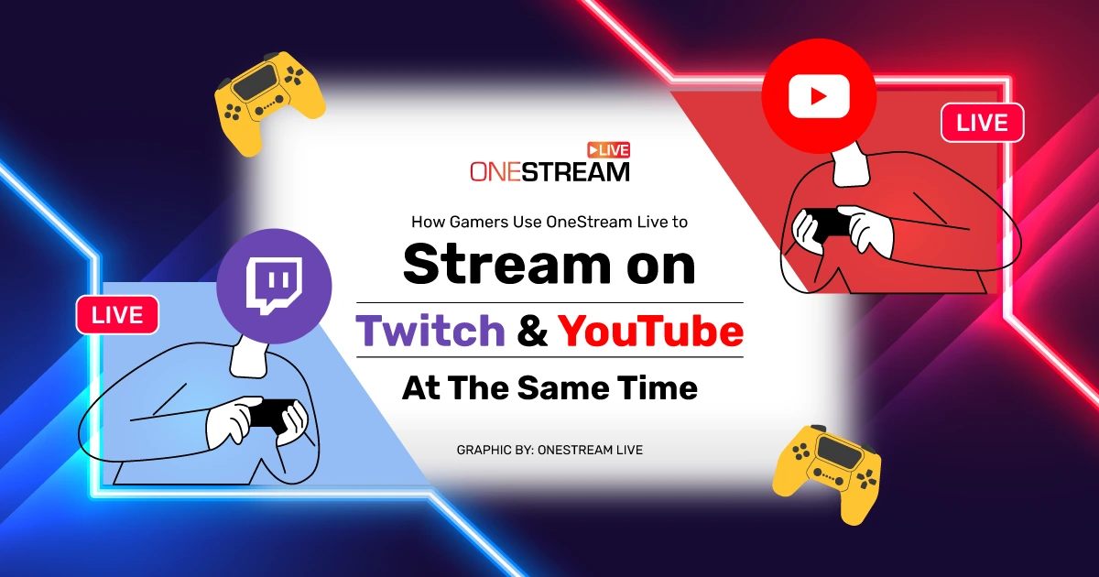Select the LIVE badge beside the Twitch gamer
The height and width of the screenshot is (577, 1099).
pos(117,314)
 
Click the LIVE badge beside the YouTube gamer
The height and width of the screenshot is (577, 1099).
pos(982,122)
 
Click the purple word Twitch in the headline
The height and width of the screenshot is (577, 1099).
pos(430,331)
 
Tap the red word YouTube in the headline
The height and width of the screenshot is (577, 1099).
pos(650,331)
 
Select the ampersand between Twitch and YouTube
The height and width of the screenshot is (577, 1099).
pos(531,332)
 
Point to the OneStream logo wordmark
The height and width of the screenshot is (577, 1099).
pos(549,170)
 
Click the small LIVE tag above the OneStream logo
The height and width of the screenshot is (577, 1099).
pos(608,148)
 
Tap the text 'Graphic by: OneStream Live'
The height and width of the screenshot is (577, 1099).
pos(549,450)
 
